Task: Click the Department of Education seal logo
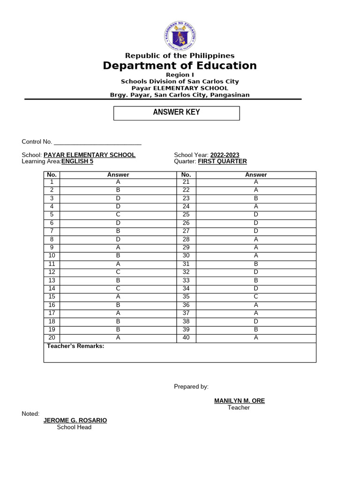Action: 180,36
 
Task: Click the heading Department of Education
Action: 180,66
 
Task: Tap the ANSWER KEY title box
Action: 177,113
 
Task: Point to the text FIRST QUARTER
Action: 222,162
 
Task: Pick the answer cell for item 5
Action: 118,215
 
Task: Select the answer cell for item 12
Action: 118,272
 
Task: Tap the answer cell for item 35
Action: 256,296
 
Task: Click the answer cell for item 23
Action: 256,199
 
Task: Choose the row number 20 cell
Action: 52,337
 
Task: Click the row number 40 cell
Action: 186,337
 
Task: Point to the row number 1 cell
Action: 52,182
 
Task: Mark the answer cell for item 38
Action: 256,321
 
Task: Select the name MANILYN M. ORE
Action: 239,401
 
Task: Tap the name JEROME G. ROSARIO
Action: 75,420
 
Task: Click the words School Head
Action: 74,427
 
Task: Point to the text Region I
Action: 180,75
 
